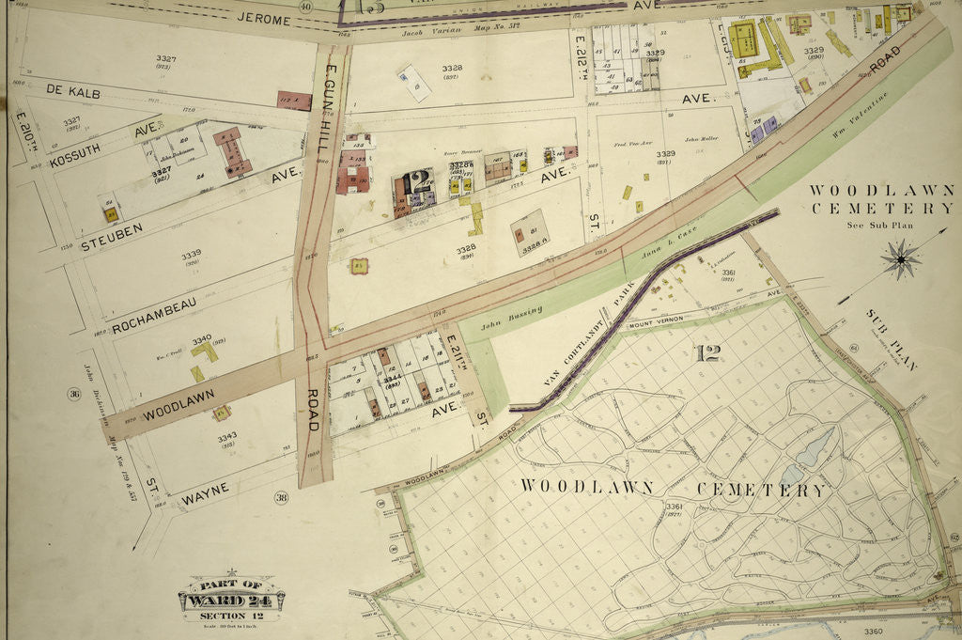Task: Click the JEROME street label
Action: pos(263,18)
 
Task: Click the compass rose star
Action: pos(900,258)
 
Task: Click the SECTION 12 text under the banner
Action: pos(231,616)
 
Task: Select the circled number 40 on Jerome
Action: pos(305,7)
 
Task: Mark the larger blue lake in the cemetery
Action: pos(815,445)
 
